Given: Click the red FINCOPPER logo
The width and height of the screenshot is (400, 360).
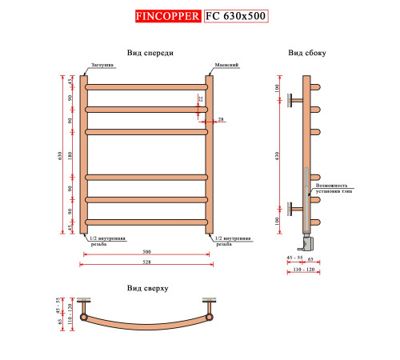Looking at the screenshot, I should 167,15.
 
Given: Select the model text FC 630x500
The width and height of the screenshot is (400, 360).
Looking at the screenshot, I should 236,15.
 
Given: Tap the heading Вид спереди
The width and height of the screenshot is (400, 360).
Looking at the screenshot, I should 150,53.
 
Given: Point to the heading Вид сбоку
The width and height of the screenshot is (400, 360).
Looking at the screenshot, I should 307,53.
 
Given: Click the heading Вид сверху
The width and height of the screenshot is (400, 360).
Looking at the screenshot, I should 146,287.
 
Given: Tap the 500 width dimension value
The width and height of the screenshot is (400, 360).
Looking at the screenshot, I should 146,252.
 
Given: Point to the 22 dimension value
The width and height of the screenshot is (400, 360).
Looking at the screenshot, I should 200,100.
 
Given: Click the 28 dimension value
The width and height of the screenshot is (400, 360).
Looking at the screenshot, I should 221,119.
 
